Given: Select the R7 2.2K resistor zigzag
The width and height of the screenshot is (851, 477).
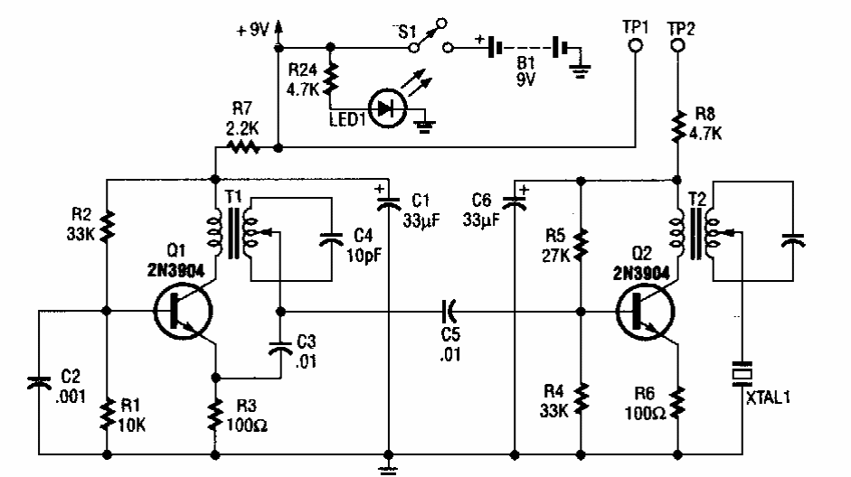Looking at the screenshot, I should click(243, 146).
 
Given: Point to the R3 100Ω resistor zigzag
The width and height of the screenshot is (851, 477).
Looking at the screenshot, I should click(215, 415).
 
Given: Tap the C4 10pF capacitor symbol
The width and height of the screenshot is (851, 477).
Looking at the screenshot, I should click(332, 238).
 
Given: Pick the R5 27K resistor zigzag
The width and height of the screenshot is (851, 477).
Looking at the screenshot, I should click(580, 243).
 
